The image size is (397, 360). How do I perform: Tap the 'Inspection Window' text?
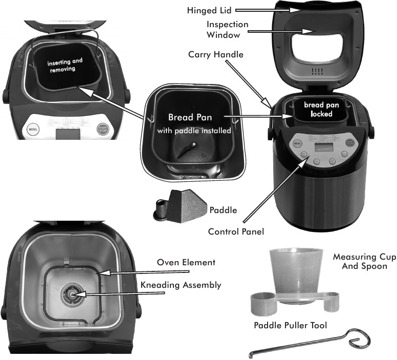click(227, 30)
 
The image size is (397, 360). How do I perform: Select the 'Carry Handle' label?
click(215, 54)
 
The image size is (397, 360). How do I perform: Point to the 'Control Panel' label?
click(236, 231)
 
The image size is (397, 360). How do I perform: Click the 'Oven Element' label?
click(186, 262)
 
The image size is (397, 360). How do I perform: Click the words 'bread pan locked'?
click(318, 109)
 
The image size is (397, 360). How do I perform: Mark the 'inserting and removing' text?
click(64, 65)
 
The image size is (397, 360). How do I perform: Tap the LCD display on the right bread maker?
click(323, 146)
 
